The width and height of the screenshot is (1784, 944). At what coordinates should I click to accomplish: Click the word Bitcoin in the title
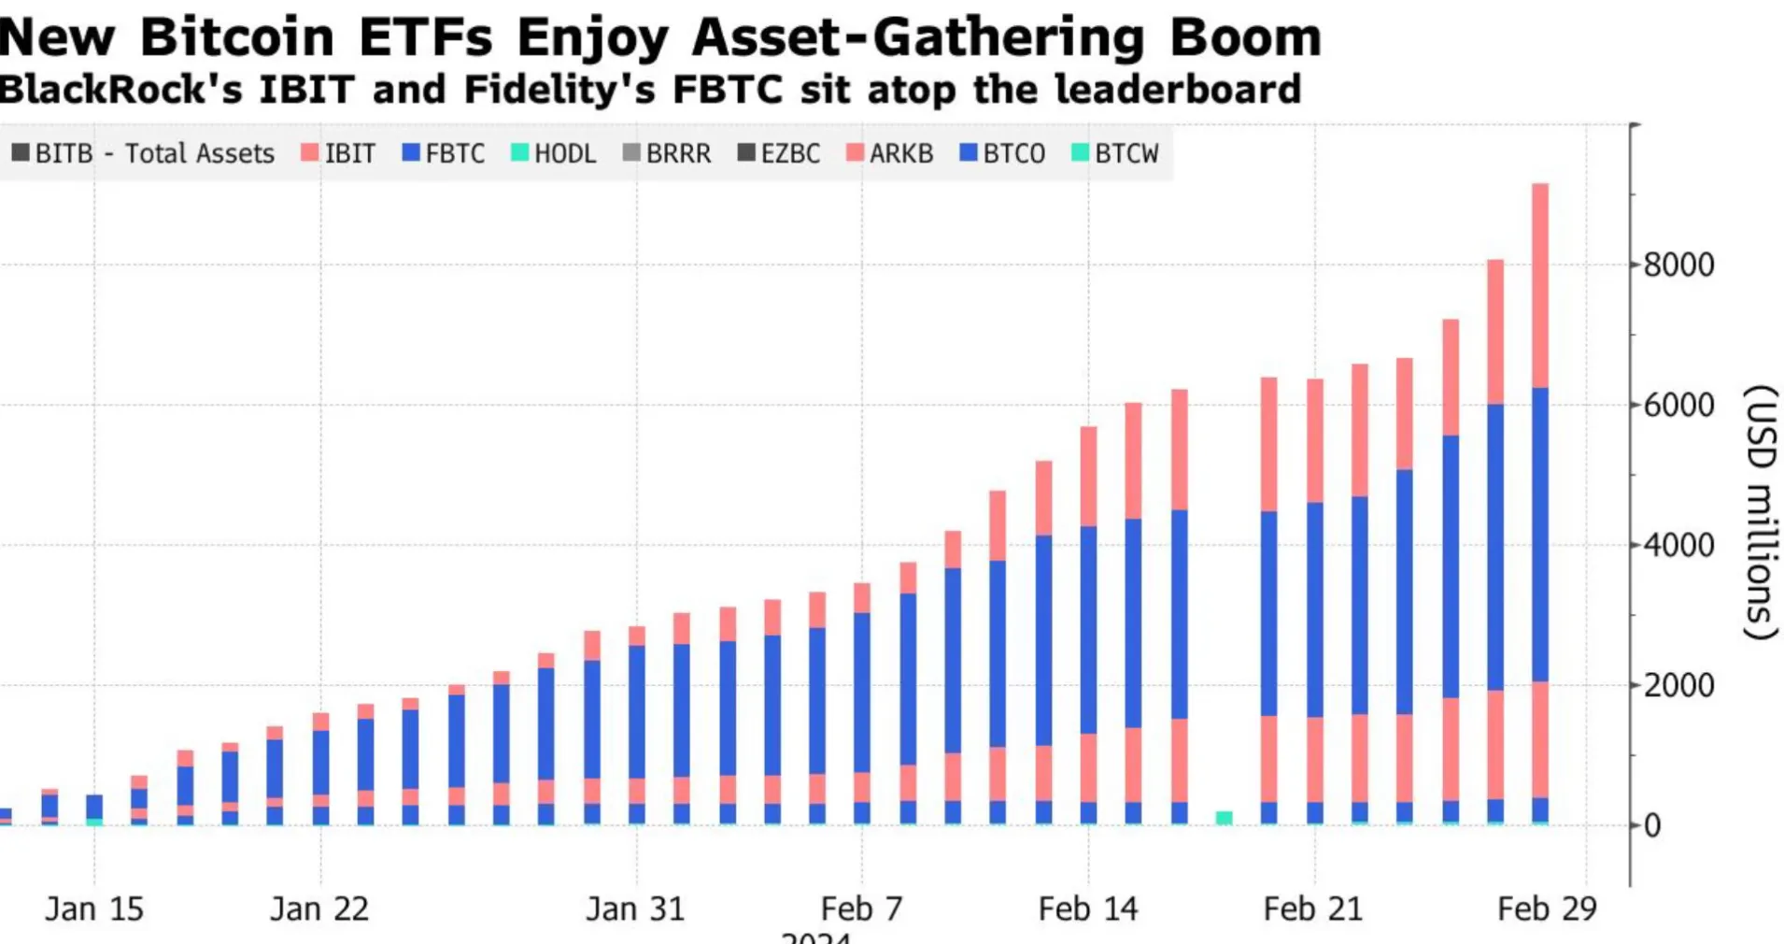[x=236, y=37]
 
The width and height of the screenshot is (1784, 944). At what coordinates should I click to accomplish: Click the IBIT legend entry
[x=339, y=153]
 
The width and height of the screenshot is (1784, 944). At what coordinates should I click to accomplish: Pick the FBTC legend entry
[x=445, y=153]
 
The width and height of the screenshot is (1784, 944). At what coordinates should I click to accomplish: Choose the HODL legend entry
[x=554, y=153]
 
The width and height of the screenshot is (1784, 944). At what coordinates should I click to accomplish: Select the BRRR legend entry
[x=667, y=153]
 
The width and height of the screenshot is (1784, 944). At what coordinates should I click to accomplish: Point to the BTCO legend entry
[x=1003, y=153]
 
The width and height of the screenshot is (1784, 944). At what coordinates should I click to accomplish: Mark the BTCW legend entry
[x=1115, y=153]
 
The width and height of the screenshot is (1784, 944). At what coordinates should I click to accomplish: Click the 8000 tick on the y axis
[x=1678, y=265]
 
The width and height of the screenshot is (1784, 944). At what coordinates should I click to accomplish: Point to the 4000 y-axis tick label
[x=1678, y=546]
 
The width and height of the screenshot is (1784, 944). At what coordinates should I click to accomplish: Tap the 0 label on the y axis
[x=1652, y=826]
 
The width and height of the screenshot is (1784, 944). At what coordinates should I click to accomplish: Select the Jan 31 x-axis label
[x=635, y=909]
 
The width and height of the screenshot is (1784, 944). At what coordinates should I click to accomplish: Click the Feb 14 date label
[x=1088, y=909]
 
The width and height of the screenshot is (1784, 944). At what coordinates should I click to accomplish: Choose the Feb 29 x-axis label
[x=1547, y=909]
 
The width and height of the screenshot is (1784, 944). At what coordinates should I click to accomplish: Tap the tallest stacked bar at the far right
[x=1540, y=505]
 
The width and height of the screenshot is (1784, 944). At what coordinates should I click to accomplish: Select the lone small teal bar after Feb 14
[x=1224, y=818]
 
